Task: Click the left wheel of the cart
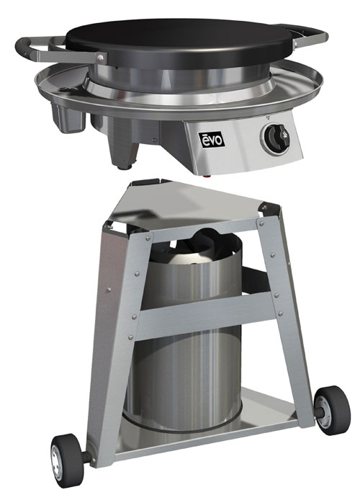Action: (69, 458)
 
